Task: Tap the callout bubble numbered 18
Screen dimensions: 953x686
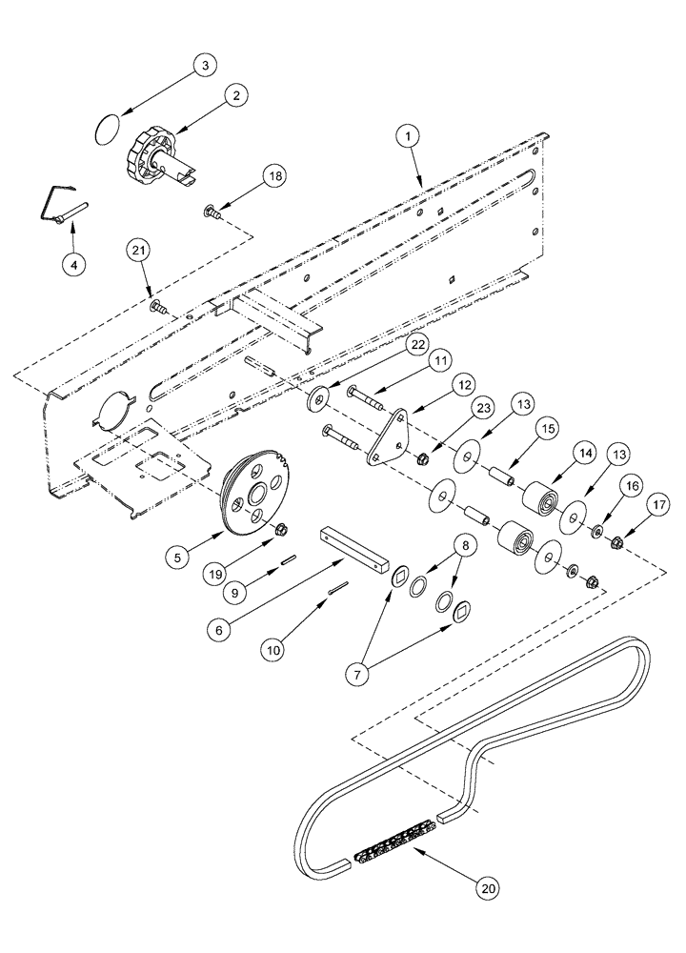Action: point(273,177)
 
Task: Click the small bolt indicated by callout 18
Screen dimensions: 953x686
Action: point(212,211)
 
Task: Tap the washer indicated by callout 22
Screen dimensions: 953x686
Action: point(319,396)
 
